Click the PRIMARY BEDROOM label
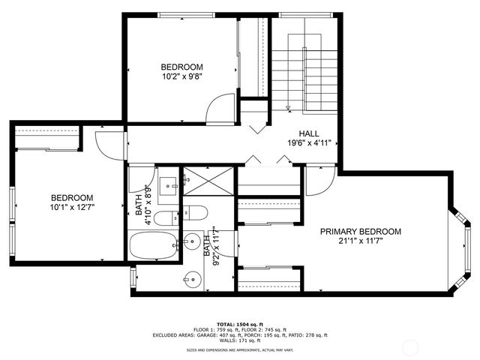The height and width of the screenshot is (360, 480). tap(360, 232)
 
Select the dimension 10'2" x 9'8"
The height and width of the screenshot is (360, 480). tap(181, 76)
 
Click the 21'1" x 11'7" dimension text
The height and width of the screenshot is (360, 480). tap(360, 241)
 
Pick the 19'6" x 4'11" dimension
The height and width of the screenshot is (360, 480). tap(309, 142)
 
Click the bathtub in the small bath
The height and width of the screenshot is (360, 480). tap(153, 244)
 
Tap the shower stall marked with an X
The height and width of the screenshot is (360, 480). tap(208, 180)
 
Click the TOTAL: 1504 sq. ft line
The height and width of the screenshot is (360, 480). tap(240, 322)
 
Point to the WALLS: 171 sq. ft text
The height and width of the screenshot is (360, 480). tap(240, 340)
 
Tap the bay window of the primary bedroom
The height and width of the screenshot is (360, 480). tap(460, 248)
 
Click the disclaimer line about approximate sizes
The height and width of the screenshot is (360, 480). tap(240, 349)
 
